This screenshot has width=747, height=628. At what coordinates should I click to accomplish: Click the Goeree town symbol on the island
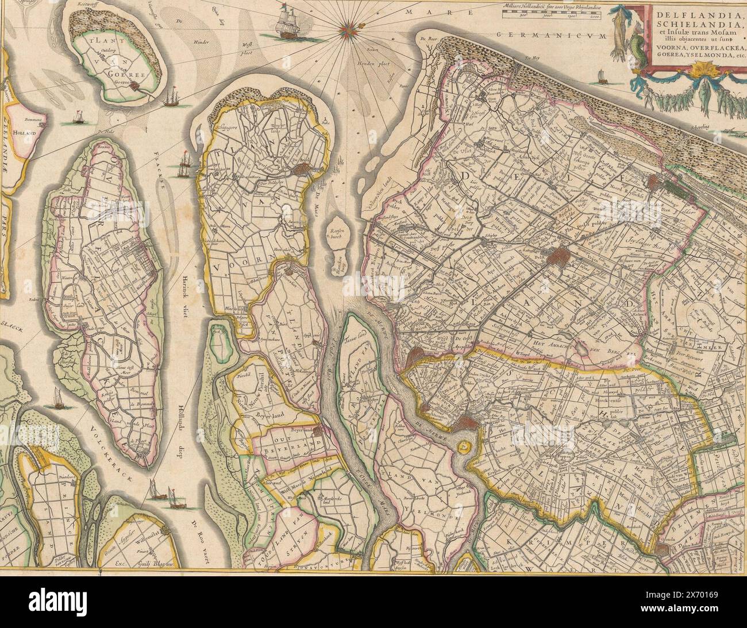pyautogui.click(x=135, y=86)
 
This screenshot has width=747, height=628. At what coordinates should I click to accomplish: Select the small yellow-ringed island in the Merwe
pyautogui.click(x=463, y=446)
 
